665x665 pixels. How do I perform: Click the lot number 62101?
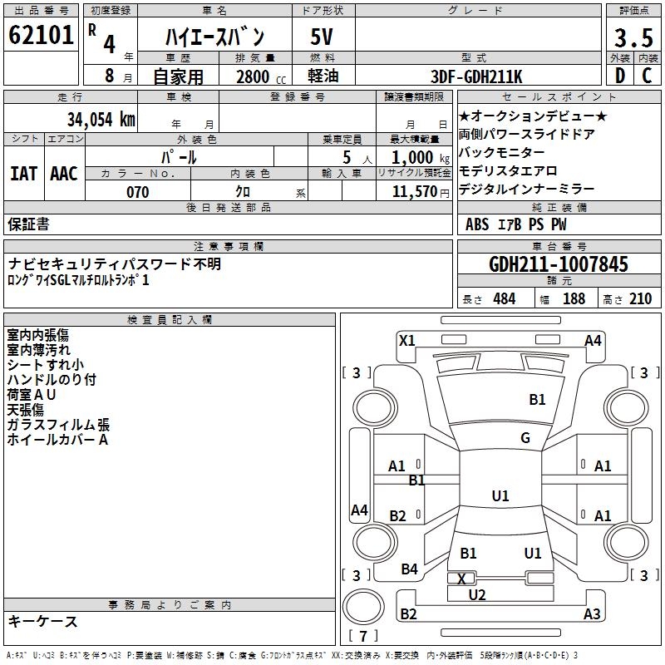[x=41, y=36]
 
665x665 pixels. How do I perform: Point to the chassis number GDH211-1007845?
[x=559, y=264]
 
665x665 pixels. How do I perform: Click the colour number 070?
[x=137, y=192]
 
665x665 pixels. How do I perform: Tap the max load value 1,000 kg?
[x=412, y=157]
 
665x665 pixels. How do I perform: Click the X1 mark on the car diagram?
[x=407, y=340]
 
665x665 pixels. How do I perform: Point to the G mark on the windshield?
[x=525, y=437]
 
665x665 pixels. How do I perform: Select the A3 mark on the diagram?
[x=592, y=614]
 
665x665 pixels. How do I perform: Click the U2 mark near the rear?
[x=477, y=594]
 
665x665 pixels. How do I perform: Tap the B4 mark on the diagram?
[x=409, y=569]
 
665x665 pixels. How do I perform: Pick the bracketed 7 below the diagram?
[x=363, y=637]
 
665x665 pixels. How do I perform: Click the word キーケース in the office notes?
[x=42, y=621]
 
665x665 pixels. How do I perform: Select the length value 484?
[x=504, y=298]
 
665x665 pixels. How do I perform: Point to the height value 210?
[x=640, y=298]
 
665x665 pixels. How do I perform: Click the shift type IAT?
[x=23, y=174]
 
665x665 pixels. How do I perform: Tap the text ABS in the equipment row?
[x=477, y=224]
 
